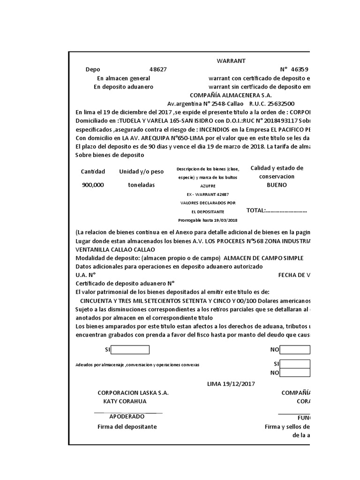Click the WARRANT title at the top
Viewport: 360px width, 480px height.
pyautogui.click(x=231, y=61)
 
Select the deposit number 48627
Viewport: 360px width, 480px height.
pyautogui.click(x=158, y=69)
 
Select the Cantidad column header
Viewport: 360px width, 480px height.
pyautogui.click(x=93, y=172)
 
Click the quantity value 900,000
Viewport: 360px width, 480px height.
pyautogui.click(x=93, y=185)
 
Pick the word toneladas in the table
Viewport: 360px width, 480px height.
pyautogui.click(x=141, y=185)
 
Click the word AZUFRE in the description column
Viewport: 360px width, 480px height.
pyautogui.click(x=208, y=186)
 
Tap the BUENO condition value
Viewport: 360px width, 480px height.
pyautogui.click(x=277, y=185)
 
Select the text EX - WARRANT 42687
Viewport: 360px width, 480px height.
pyautogui.click(x=208, y=194)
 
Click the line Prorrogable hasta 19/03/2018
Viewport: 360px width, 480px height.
pyautogui.click(x=208, y=220)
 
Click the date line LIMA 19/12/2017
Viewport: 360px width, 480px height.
pyautogui.click(x=231, y=384)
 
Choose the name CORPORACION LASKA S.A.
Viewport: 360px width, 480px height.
pyautogui.click(x=133, y=393)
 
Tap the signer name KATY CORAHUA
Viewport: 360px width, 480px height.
pyautogui.click(x=125, y=401)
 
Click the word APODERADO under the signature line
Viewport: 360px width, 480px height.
pyautogui.click(x=127, y=417)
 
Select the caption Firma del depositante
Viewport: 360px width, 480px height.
pyautogui.click(x=127, y=427)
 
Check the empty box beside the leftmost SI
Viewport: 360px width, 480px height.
pyautogui.click(x=130, y=350)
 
